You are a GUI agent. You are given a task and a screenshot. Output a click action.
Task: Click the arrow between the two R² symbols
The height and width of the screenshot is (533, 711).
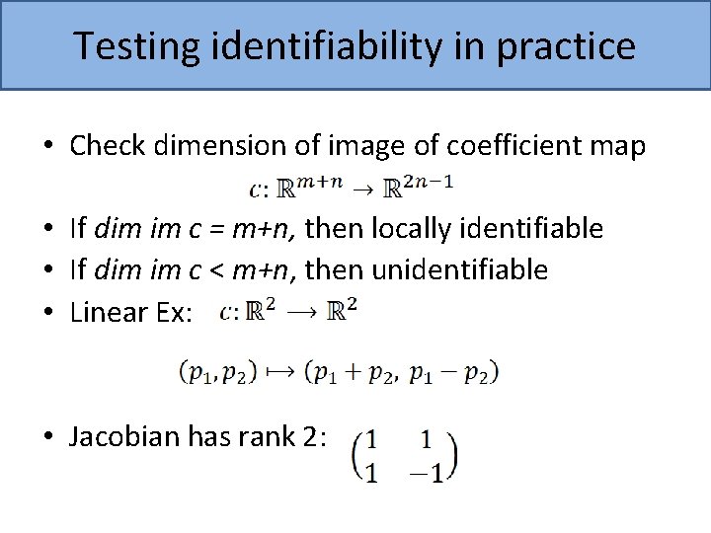click(x=302, y=313)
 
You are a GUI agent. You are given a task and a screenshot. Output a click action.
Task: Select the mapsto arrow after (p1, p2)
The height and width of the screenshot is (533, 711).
click(x=279, y=372)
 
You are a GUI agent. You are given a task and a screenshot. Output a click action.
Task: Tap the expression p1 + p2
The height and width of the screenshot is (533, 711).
click(x=354, y=372)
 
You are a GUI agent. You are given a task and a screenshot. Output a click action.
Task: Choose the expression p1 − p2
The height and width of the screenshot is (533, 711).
click(x=450, y=372)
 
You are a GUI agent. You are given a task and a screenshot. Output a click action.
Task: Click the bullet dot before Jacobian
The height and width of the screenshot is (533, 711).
click(x=48, y=437)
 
